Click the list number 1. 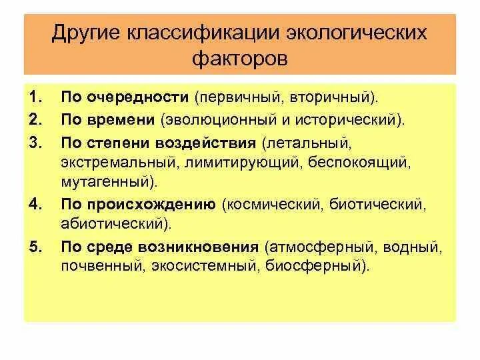pos(35,99)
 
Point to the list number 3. pos(35,143)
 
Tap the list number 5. pos(35,247)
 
